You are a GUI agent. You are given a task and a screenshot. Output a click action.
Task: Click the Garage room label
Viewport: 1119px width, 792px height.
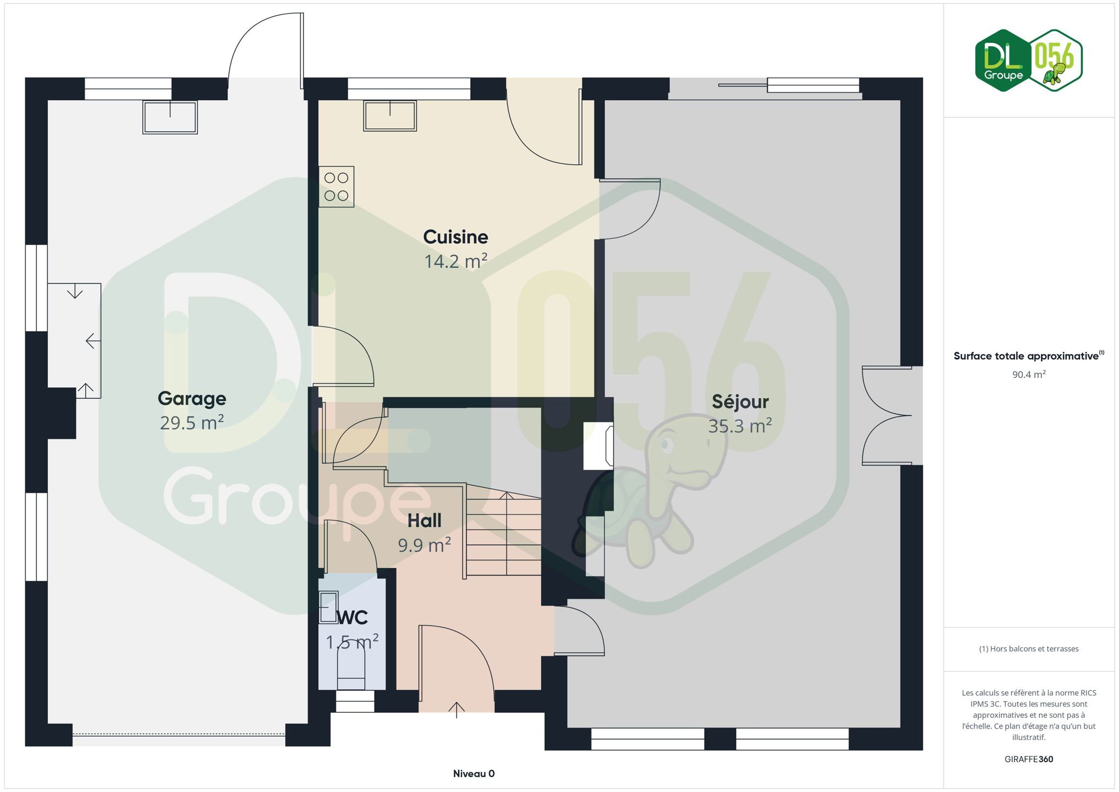(x=192, y=398)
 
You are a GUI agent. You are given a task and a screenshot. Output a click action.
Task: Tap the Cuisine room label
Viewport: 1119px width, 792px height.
(x=455, y=237)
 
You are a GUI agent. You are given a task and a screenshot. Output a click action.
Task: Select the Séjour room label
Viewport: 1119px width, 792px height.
(x=740, y=401)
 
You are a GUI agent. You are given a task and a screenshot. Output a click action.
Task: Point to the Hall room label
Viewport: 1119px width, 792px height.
(x=425, y=520)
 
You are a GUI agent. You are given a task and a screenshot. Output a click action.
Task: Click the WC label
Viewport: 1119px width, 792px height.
(x=352, y=618)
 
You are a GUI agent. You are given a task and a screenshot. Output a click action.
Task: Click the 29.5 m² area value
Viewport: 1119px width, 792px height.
(x=192, y=422)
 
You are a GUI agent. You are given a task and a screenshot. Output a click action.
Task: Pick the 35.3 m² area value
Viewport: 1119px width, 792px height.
(x=740, y=426)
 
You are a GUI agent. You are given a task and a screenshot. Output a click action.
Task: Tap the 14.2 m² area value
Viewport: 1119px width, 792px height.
(x=455, y=261)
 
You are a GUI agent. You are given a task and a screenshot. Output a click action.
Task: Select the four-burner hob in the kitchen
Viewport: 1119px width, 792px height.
(x=336, y=187)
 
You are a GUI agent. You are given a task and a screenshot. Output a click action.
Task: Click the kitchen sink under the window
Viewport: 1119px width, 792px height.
(x=390, y=116)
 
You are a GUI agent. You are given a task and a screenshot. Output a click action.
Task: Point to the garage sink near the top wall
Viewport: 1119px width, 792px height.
(x=170, y=117)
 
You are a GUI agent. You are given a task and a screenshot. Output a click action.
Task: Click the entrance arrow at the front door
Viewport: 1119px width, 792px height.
(x=456, y=710)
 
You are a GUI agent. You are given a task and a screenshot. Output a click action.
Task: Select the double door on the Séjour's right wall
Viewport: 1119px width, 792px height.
(x=887, y=416)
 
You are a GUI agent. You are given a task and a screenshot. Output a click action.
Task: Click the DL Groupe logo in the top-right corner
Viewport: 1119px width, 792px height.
(x=1028, y=61)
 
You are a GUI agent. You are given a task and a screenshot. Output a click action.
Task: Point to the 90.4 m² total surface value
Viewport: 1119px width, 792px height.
(x=1029, y=375)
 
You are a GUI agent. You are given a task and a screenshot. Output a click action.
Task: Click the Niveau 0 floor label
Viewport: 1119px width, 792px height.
(x=474, y=774)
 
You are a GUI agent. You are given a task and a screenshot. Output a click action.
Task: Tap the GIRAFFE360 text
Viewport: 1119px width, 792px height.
(x=1029, y=759)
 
